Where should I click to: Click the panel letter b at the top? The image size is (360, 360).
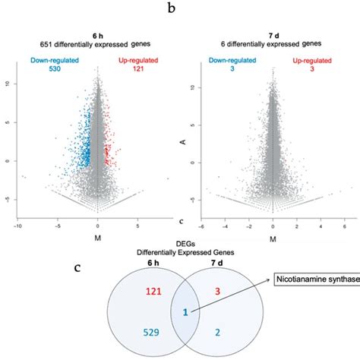pos(180,10)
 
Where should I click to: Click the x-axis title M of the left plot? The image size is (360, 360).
pos(97,242)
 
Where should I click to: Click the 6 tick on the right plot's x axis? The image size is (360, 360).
pos(343,226)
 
